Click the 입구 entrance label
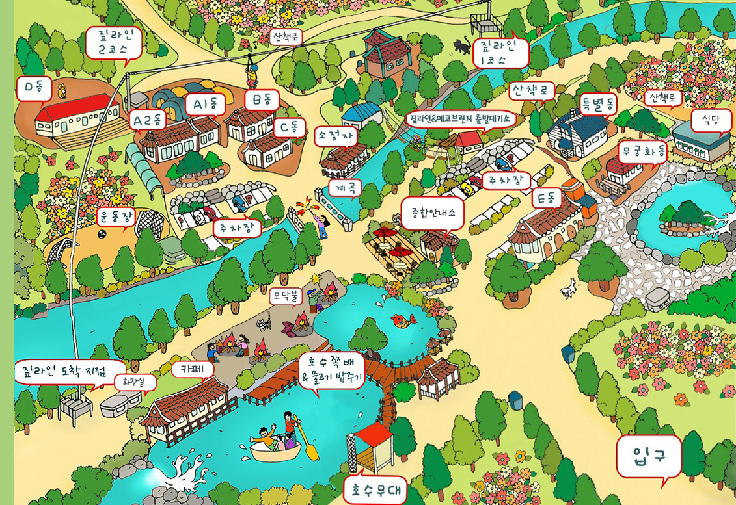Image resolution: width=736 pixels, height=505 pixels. (x=648, y=457)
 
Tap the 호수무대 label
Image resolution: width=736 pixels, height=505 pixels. (x=375, y=487)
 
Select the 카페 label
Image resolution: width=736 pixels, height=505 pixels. (x=193, y=369)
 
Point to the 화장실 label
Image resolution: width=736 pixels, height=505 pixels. (x=135, y=382)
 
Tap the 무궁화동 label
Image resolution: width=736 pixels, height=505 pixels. (x=643, y=153)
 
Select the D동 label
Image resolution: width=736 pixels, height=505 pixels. (x=33, y=88)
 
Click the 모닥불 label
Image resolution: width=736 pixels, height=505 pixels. (x=284, y=297)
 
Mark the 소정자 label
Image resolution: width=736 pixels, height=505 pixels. (x=336, y=136)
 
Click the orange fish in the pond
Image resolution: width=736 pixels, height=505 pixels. (x=403, y=320)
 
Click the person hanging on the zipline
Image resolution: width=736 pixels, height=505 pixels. (x=251, y=76)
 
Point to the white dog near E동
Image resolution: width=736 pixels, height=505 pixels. (x=570, y=288)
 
